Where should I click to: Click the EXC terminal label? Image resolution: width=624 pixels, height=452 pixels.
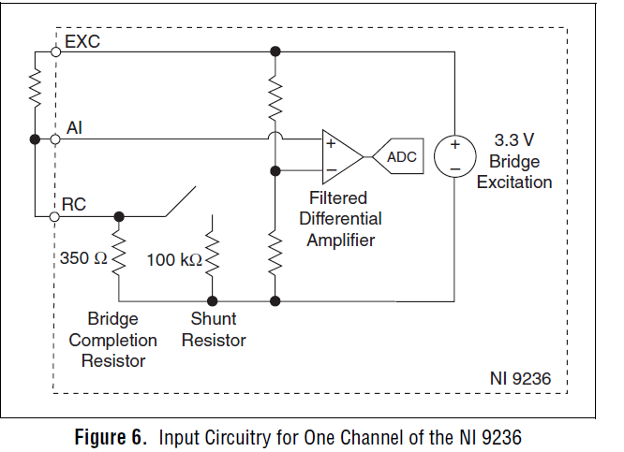82,42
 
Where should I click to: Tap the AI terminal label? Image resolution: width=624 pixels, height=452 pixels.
75,128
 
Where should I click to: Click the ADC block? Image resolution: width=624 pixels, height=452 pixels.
399,157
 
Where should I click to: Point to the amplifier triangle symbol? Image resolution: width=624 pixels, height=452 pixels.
340,156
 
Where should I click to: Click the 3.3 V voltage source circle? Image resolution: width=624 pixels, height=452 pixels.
453,156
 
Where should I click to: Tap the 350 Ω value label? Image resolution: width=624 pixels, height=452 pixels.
84,257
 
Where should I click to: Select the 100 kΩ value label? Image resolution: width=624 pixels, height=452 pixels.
174,259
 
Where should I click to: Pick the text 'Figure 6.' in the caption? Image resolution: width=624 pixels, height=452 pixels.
108,436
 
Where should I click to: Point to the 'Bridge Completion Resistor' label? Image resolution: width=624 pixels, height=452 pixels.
107,340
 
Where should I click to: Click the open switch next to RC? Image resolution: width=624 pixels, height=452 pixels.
180,203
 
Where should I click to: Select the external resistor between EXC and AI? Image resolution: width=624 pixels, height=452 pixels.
35,92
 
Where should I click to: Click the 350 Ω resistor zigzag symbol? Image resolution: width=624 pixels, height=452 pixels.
119,257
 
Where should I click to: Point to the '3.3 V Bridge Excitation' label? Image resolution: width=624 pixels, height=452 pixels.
513,161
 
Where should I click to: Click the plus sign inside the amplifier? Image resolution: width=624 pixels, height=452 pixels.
331,144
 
